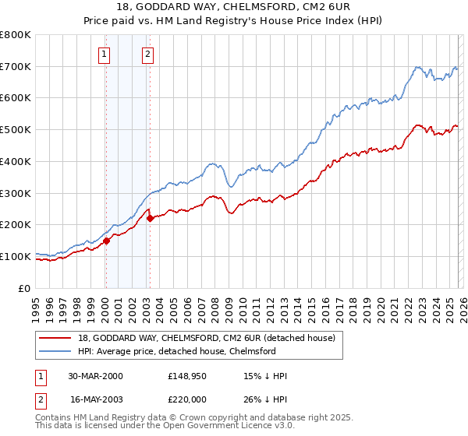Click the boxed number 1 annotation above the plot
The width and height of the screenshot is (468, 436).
coord(105,54)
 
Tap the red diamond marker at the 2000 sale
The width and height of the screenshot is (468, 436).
coord(107,241)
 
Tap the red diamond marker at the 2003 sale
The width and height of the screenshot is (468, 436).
coord(150,219)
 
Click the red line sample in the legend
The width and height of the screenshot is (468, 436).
coord(56,338)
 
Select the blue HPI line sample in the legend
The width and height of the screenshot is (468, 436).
coord(56,351)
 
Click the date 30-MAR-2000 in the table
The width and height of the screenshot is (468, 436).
coord(95,376)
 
